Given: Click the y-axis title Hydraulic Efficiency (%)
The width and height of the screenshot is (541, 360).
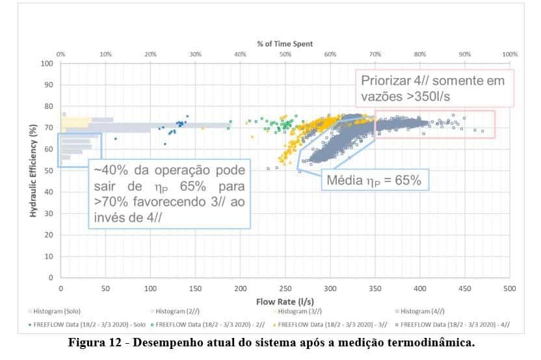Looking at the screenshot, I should point(32,170).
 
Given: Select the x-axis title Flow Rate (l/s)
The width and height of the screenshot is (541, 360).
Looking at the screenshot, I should point(285,302).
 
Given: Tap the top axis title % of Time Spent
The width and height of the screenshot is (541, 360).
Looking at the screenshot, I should point(285,44).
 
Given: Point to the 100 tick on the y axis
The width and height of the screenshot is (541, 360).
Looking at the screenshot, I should point(47,64).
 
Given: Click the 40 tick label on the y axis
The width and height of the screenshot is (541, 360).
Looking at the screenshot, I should point(49,192).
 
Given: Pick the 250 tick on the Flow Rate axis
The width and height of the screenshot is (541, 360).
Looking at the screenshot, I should point(285,288).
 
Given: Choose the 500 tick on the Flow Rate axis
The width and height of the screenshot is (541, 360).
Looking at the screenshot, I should point(509,288).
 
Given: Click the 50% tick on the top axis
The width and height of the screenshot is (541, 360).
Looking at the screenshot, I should point(285,54).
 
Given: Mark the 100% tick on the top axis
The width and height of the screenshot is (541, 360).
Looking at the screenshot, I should point(509,54).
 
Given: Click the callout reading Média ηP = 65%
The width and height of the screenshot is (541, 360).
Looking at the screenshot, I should point(374,180).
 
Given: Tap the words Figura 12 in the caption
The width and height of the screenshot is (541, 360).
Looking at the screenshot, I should point(96,342).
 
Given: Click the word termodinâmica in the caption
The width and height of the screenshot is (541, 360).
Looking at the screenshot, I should point(432,342).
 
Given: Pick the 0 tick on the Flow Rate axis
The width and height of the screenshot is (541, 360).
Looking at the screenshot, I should point(60,288).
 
